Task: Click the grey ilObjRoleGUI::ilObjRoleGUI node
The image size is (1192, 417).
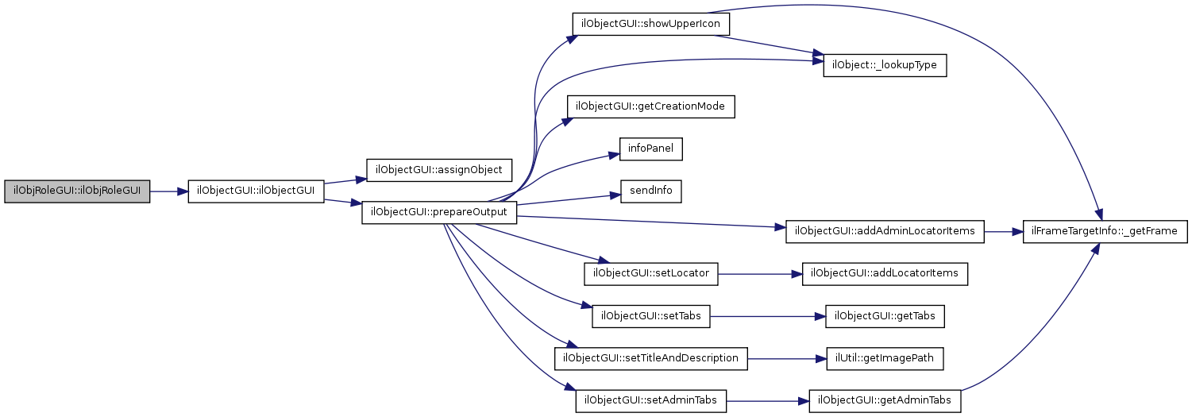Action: pyautogui.click(x=77, y=192)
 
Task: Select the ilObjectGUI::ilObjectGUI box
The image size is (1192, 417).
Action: pyautogui.click(x=256, y=192)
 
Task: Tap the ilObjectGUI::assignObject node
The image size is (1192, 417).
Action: pyautogui.click(x=439, y=170)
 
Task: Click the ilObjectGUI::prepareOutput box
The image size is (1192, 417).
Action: pyautogui.click(x=439, y=213)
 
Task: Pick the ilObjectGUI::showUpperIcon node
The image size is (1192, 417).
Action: pyautogui.click(x=650, y=24)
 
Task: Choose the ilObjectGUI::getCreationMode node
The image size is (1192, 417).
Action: pyautogui.click(x=650, y=106)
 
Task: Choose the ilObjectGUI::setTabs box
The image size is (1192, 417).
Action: pyautogui.click(x=650, y=316)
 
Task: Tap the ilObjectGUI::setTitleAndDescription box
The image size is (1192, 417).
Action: pyautogui.click(x=650, y=358)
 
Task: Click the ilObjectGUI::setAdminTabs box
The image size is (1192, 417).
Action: pyautogui.click(x=650, y=401)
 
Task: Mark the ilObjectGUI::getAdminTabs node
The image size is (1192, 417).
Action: pyautogui.click(x=885, y=401)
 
